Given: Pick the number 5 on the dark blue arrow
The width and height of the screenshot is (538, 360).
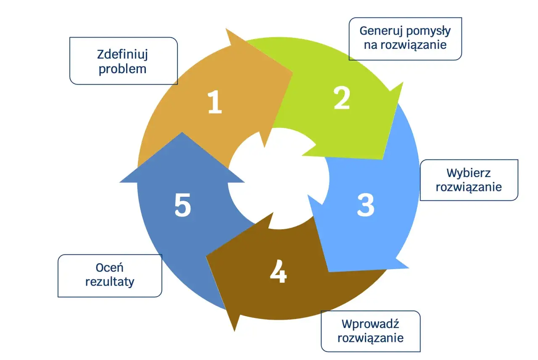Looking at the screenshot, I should click(183, 206).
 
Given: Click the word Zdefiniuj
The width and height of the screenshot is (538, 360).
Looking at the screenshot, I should click(123, 55).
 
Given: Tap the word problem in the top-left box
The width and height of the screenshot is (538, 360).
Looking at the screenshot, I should click(123, 69).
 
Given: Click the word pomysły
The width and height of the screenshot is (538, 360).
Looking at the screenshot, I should click(428, 31).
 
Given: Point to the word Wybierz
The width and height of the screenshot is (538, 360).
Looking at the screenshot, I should click(469, 173).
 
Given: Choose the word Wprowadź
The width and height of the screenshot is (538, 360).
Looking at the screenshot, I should click(370, 324).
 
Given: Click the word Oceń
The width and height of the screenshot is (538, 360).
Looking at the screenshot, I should click(110, 267).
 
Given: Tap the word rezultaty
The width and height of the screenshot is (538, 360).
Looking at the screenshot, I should click(110, 282).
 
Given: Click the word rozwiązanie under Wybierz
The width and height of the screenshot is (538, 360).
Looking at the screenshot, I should click(469, 187).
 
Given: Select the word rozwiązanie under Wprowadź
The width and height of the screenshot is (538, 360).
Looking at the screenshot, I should click(370, 338).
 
